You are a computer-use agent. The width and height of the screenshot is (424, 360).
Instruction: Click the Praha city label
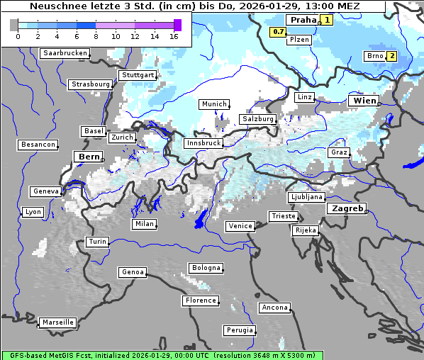coord(301,20)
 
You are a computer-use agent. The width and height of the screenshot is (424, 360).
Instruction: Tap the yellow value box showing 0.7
coord(279,32)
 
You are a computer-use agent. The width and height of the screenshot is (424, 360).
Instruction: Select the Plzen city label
coord(299,40)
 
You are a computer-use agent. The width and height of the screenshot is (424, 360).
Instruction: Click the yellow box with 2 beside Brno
coord(391,56)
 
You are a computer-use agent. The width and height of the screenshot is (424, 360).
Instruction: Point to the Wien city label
coord(364,101)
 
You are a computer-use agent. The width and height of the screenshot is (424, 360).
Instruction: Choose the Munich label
coord(214,104)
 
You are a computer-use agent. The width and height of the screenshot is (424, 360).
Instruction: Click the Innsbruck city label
coord(203,143)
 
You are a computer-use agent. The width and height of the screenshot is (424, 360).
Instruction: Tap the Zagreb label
coord(347,209)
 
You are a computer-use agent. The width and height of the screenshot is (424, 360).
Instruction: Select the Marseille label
coord(57,322)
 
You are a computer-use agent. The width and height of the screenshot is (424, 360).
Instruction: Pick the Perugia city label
coord(239,330)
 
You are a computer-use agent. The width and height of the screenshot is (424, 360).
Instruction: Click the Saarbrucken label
coord(65,53)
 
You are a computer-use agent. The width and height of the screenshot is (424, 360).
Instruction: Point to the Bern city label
coord(89,157)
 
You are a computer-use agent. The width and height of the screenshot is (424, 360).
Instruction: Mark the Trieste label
coord(283,216)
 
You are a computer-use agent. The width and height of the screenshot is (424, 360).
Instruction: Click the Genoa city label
coord(133,272)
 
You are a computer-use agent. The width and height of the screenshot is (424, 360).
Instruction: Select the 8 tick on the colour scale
coord(96,37)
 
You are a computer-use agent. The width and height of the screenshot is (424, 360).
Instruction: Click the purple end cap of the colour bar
coord(178,25)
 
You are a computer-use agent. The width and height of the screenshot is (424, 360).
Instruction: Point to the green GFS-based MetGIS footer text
coord(162,355)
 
